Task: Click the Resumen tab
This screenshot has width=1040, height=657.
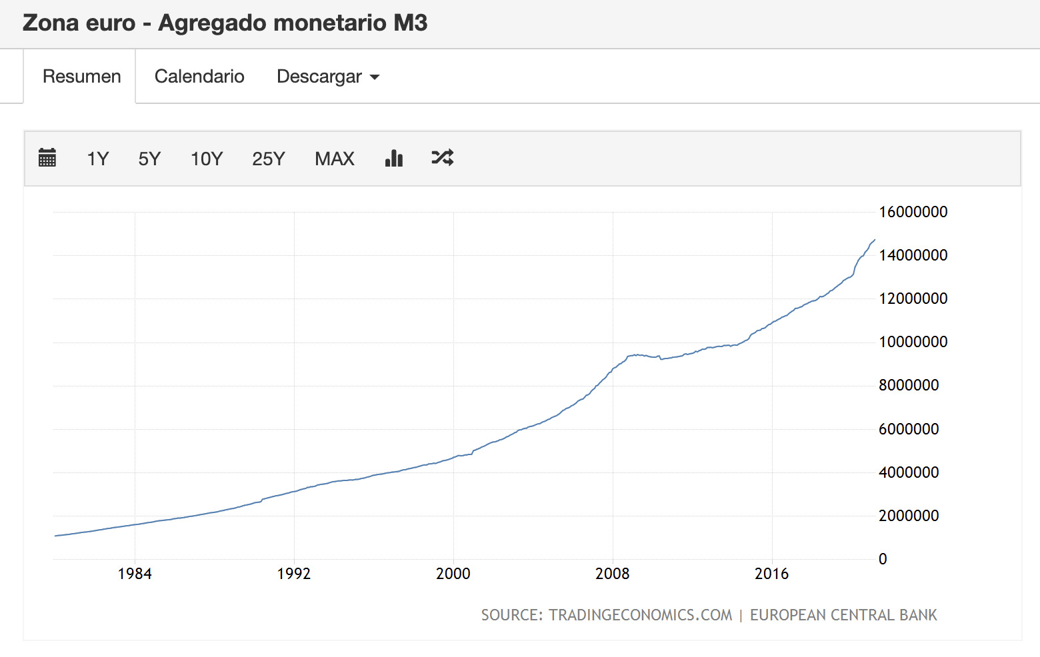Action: (x=81, y=77)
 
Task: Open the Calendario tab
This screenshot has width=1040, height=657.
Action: (x=199, y=77)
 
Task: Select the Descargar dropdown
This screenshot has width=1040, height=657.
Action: (x=327, y=77)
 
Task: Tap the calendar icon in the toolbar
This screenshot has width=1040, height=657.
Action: (x=47, y=158)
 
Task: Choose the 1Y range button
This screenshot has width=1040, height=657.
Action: (x=97, y=159)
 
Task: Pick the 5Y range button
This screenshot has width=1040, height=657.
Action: (x=149, y=159)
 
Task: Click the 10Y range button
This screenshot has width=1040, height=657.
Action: (x=207, y=159)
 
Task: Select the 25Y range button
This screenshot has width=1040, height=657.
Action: (x=268, y=159)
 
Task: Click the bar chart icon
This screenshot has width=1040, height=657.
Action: (x=394, y=158)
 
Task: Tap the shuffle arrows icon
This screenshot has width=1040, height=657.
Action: (x=443, y=158)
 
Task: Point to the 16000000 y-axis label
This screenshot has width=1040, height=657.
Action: (x=913, y=212)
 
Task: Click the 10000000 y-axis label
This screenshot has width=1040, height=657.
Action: (x=913, y=342)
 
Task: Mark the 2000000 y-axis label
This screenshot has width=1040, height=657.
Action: (x=908, y=516)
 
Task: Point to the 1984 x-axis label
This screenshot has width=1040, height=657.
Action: (x=135, y=574)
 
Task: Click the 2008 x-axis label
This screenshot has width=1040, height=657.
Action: (x=612, y=574)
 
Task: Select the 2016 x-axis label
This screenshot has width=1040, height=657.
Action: (x=771, y=574)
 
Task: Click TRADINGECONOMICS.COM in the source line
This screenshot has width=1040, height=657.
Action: (x=640, y=615)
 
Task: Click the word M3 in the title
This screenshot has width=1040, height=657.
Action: (x=410, y=23)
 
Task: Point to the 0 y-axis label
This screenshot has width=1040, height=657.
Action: (x=883, y=559)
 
